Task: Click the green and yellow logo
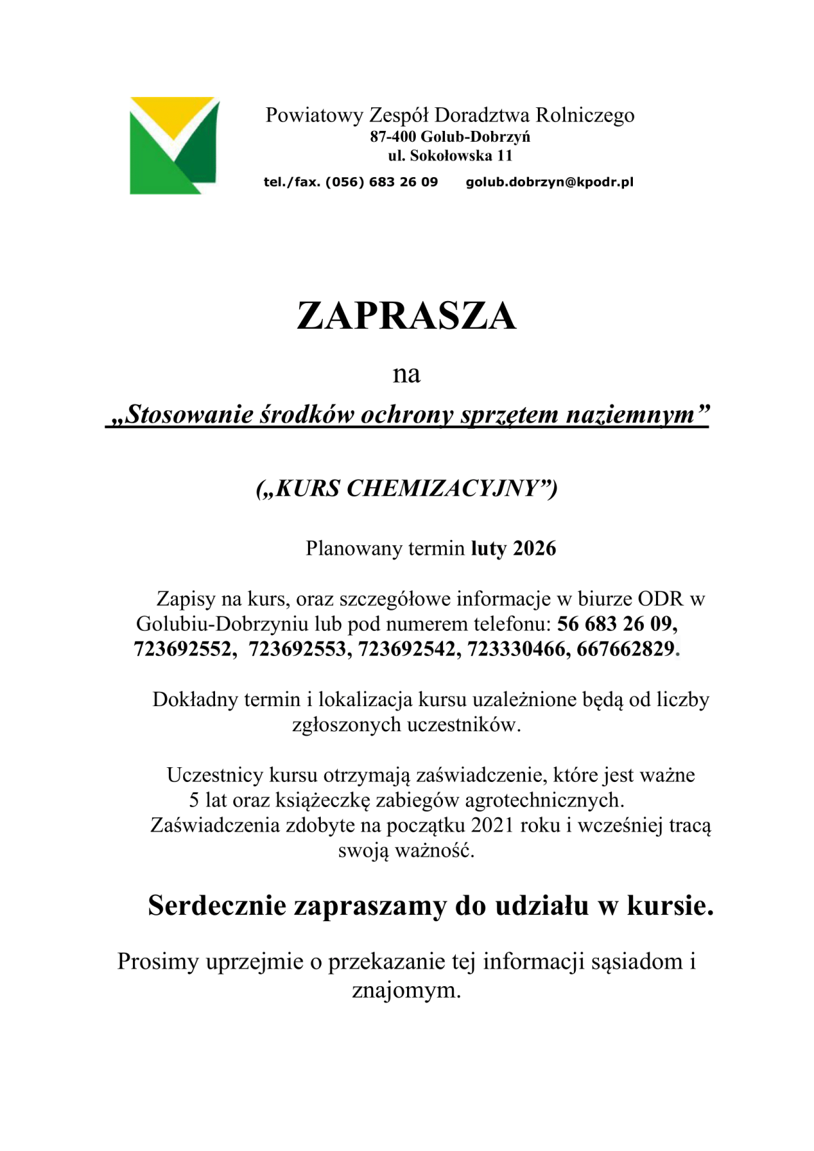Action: (174, 145)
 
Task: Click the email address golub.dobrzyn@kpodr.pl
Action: (549, 182)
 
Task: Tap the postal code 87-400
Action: (393, 136)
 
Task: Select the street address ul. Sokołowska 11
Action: (450, 155)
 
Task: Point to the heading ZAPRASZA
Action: (406, 316)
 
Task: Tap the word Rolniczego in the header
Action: (585, 115)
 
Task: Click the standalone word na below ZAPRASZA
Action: (406, 374)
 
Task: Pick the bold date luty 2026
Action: (513, 548)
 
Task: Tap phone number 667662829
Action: (625, 649)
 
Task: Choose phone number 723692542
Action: (408, 649)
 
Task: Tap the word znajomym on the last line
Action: (406, 991)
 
